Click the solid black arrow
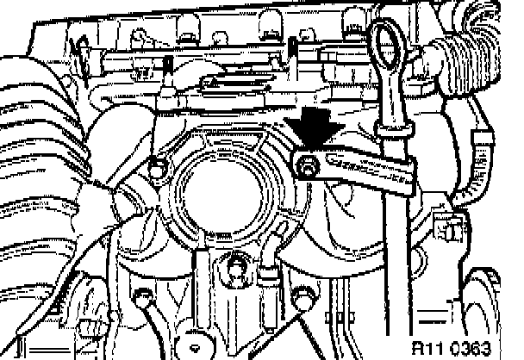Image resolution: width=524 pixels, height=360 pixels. pyautogui.click(x=315, y=129)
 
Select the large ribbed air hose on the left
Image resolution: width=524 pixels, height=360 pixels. pyautogui.click(x=34, y=129)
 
